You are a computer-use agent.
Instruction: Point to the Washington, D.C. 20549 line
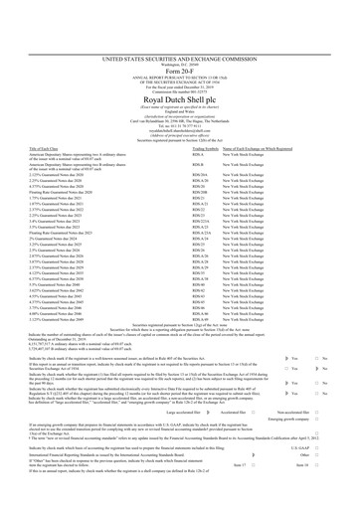180,19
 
